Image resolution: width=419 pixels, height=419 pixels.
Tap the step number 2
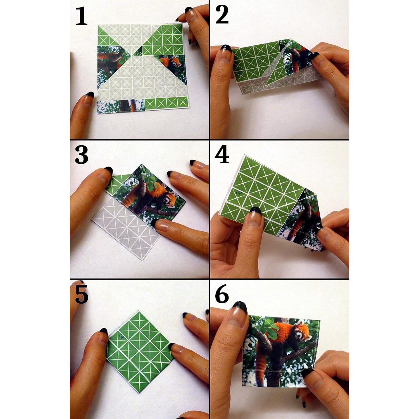[222, 15]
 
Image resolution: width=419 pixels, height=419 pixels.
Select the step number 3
[82, 155]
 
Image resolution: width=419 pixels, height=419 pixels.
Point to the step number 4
[222, 155]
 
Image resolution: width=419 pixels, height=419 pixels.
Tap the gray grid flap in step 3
[126, 229]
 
